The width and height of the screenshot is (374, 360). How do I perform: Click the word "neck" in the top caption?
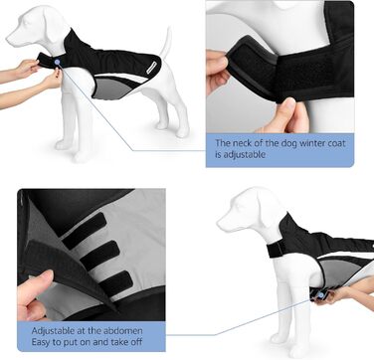[x=239, y=144]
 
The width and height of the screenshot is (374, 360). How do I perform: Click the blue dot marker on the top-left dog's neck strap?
[x=58, y=62]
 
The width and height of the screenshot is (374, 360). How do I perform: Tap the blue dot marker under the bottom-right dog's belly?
[x=320, y=294]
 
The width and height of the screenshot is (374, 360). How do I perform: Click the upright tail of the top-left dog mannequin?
[x=166, y=43]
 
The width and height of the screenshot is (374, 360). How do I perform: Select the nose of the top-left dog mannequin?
[x=9, y=39]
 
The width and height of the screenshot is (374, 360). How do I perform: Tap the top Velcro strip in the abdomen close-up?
[x=85, y=231]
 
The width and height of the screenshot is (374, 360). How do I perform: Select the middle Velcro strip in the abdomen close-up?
[x=99, y=256]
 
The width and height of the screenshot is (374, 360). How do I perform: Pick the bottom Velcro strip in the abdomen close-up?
[x=116, y=282]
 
